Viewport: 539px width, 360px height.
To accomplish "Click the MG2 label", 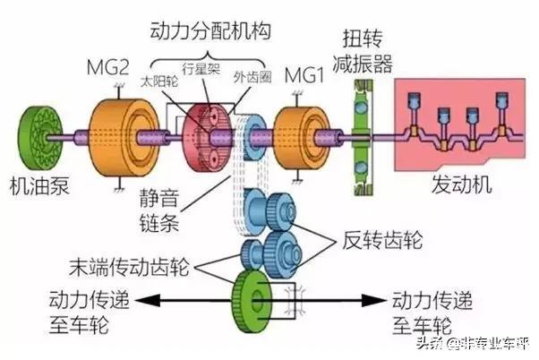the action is (x=107, y=67).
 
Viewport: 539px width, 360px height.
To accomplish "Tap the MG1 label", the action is (x=304, y=75).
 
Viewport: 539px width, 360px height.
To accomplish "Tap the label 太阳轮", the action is (x=159, y=81).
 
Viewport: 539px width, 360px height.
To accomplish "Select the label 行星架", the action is (x=201, y=69).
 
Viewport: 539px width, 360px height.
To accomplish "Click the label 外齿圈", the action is (x=252, y=77).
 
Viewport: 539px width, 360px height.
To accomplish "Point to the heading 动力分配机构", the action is (x=210, y=31).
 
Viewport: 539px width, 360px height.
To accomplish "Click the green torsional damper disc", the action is (x=362, y=138).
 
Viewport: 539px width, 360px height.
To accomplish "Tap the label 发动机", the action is (x=462, y=184).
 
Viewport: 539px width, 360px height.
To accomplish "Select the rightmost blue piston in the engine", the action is (x=502, y=99).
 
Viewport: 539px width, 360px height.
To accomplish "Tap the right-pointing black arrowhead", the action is (x=374, y=301).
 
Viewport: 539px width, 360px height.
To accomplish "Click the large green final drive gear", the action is (x=252, y=301).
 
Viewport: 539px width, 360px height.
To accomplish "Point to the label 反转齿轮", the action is (x=381, y=240).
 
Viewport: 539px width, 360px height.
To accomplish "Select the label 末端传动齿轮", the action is (x=129, y=267).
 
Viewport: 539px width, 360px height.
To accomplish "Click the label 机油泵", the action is (x=40, y=186).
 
